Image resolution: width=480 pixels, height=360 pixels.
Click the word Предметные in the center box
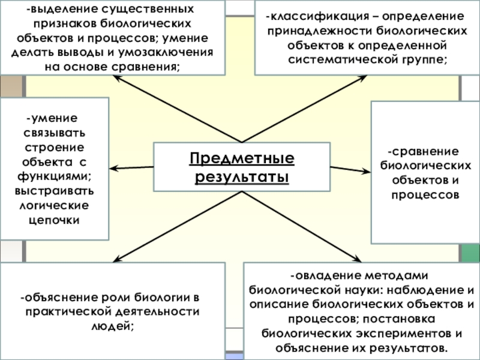(242, 159)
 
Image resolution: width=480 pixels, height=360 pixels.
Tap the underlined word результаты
(242, 178)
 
